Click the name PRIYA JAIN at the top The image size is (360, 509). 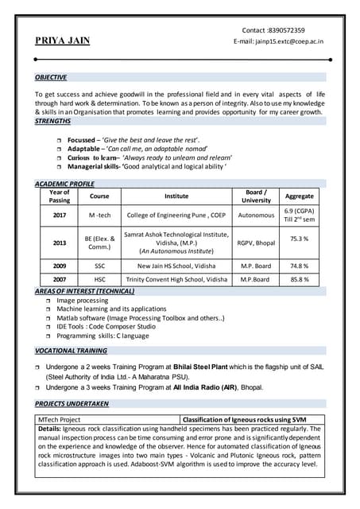point(63,41)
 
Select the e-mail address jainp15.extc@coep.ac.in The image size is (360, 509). point(289,41)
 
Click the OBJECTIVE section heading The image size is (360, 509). point(50,77)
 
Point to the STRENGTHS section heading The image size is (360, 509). point(52,121)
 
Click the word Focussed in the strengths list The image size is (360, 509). point(83,139)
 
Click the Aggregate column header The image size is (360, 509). point(299,196)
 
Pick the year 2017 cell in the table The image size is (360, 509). point(60,215)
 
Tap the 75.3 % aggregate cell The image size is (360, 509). point(299,239)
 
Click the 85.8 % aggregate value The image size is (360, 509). point(299,279)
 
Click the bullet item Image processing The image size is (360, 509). point(83,301)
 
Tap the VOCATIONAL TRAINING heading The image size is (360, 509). point(71,350)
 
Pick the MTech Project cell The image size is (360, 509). point(60,419)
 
